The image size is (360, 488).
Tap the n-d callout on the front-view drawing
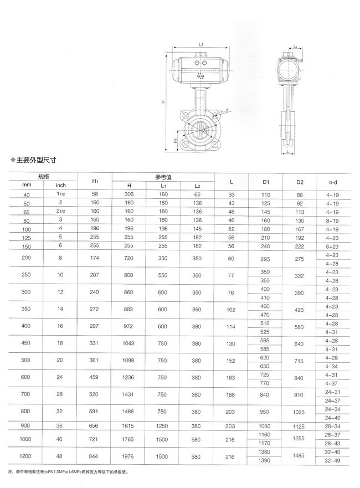tap(224, 114)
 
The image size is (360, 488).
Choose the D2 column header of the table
tap(300, 181)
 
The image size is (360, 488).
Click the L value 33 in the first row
tap(231, 195)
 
